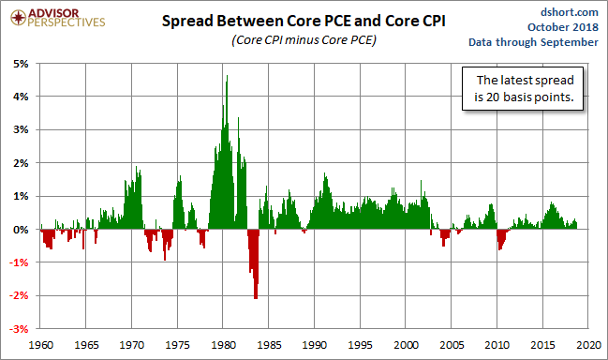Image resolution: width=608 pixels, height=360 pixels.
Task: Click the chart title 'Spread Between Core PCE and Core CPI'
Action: pos(304,21)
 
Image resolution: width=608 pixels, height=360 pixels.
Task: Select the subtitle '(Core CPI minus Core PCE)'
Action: pos(304,40)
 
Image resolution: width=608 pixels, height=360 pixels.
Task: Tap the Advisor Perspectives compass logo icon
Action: pos(18,18)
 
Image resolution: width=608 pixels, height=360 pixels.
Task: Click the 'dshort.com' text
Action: pos(570,12)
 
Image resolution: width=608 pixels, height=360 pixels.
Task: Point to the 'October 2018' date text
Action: pos(563,27)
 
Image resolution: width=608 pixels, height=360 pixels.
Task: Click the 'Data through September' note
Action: pos(533,42)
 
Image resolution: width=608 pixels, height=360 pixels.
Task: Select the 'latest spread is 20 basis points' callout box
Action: pos(523,88)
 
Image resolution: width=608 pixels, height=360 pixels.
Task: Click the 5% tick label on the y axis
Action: pos(21,64)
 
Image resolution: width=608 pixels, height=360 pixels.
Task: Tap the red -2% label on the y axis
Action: pos(20,295)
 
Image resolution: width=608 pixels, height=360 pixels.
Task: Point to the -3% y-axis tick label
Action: pos(20,329)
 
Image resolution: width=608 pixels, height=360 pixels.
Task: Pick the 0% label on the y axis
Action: pos(21,230)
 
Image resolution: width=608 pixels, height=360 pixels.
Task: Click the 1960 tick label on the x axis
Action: pos(40,345)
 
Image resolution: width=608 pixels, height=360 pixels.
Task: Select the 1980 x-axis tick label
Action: pos(223,345)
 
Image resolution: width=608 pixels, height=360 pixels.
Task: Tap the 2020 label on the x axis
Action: pos(588,345)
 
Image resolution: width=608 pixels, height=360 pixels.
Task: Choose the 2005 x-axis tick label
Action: pos(452,345)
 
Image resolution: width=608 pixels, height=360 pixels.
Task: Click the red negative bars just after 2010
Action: pos(501,237)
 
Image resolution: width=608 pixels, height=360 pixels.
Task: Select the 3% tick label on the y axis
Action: pos(21,129)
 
